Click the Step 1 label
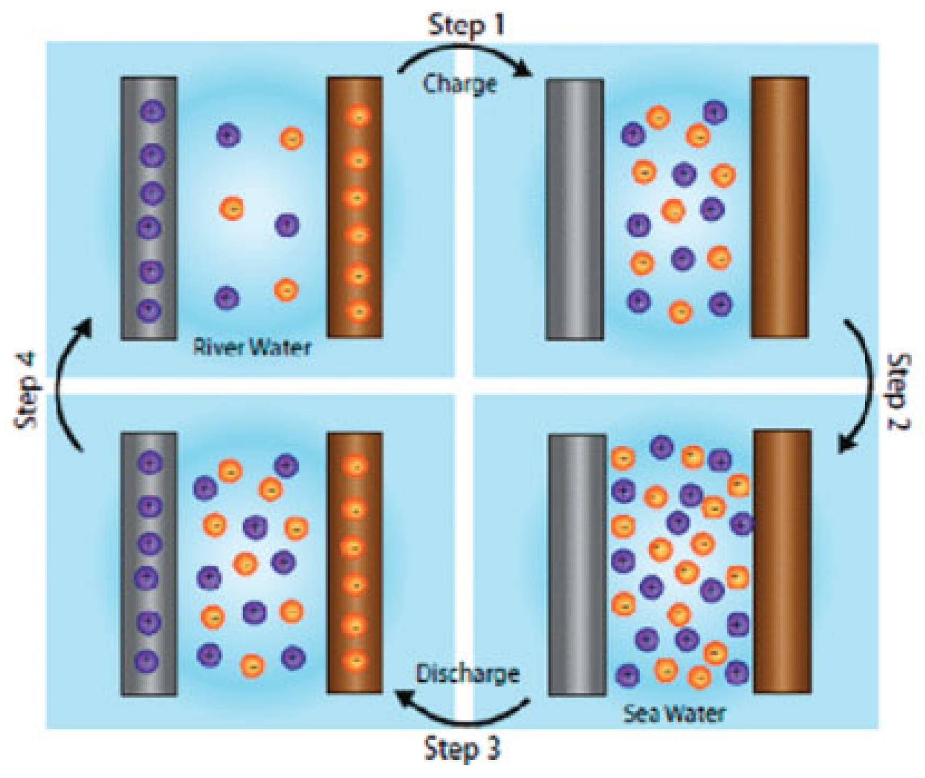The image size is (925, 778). point(466,25)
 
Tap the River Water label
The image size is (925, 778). point(252,348)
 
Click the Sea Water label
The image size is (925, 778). point(674,713)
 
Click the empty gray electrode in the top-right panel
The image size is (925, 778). point(575,209)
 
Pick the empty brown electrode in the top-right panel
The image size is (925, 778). point(780,207)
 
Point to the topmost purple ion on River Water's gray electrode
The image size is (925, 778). point(153,112)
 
